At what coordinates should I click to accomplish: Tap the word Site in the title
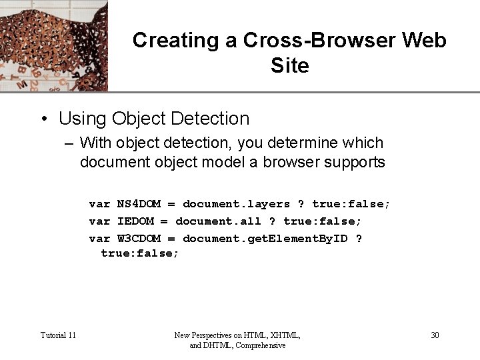coord(290,65)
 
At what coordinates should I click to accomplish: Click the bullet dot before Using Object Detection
coord(43,119)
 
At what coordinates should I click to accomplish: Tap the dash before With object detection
coord(69,143)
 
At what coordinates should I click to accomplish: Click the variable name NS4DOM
coord(139,203)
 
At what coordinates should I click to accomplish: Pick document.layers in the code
coord(237,203)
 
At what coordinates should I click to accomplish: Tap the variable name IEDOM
coord(135,221)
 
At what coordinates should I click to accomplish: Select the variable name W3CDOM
coord(139,238)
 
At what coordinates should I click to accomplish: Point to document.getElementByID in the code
coord(265,238)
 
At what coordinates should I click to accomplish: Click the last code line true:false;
coord(140,253)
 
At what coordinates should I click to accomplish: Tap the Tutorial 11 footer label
coord(58,335)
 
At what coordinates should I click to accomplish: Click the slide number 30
coord(435,335)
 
